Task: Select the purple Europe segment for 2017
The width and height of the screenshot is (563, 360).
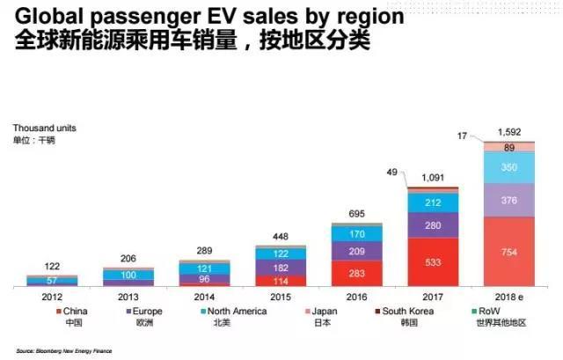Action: pos(433,225)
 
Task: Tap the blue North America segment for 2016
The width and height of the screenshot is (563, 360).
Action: pos(356,234)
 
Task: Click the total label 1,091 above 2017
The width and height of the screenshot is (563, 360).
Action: pos(433,178)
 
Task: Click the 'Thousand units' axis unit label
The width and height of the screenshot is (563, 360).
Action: pos(40,128)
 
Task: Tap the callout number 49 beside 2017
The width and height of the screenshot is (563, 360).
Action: pos(392,173)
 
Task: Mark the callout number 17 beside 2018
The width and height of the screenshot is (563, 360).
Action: pos(463,135)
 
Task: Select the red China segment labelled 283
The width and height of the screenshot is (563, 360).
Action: pos(356,272)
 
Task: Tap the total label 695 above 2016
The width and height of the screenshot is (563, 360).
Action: pos(356,215)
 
